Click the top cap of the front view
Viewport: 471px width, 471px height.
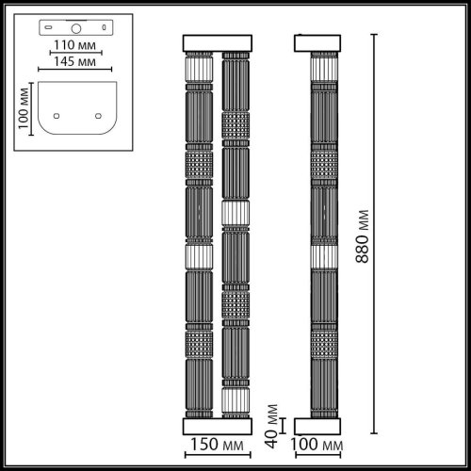(219, 43)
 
